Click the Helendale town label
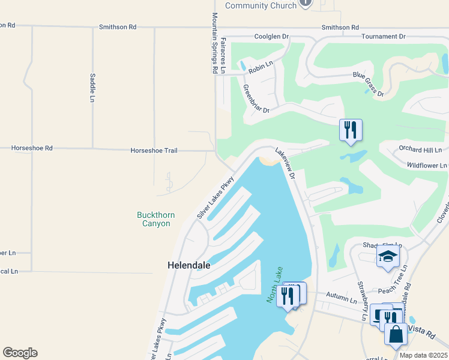tap(189, 265)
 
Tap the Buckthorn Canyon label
tap(154, 219)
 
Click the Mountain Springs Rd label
tap(214, 43)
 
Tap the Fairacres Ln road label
tap(223, 54)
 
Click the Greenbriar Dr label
tap(256, 98)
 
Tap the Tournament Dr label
tap(384, 37)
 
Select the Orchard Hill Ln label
tap(420, 149)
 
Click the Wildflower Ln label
tap(427, 165)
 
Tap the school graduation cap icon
tap(388, 257)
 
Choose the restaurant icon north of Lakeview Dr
tap(350, 130)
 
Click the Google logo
tap(20, 353)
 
